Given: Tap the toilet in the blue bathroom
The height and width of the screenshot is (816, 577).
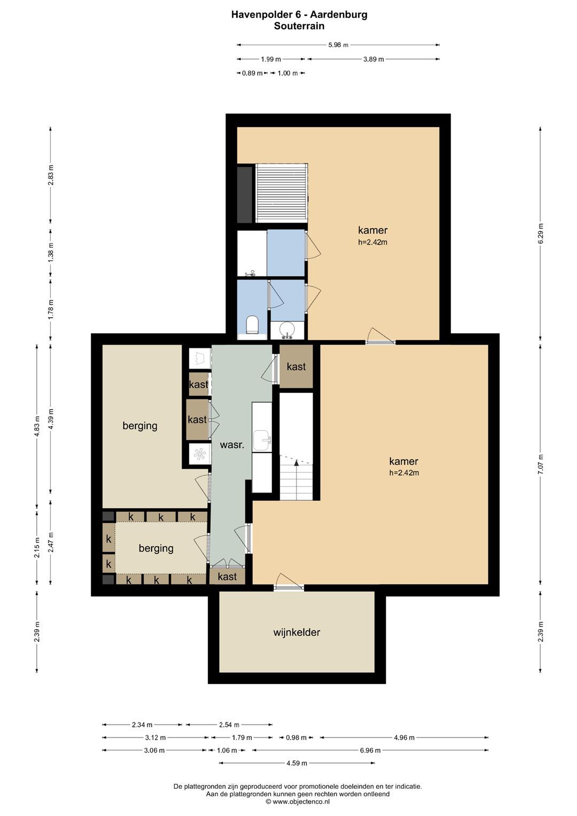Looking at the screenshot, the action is coord(252,324).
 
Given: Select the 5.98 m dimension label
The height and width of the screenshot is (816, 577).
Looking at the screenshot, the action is coord(338,45).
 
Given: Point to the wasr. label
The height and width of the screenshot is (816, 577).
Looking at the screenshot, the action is coord(232,445).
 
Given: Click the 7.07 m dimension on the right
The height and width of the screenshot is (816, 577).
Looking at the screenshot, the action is coord(540,464).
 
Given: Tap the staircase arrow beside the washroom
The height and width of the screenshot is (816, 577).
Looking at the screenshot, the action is coord(296,462).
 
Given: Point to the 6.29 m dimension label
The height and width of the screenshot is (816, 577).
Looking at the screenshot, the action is coord(540,233).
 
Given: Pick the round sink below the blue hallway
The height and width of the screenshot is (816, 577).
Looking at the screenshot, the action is coord(287,330).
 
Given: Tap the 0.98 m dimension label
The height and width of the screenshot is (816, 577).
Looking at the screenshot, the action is coord(296,738).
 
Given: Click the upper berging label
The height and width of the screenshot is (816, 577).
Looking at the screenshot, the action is coord(140,426).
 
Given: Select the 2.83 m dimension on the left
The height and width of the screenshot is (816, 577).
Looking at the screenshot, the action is coord(50,175).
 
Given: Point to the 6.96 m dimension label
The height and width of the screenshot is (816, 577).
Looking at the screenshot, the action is coord(370,750).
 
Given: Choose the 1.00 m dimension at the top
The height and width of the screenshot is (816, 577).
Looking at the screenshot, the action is coord(288,73).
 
